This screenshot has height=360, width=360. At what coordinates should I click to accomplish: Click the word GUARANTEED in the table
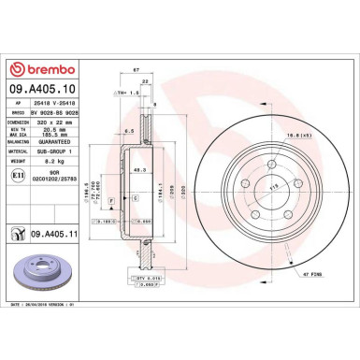(59, 142)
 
